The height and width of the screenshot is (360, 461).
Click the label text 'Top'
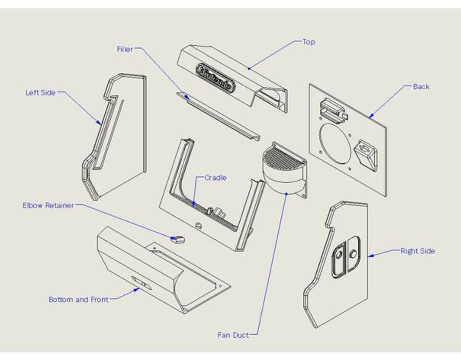(309, 42)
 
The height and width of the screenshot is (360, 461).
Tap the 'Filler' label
(124, 49)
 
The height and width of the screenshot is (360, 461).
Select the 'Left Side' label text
(41, 93)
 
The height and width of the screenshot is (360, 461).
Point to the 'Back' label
(421, 86)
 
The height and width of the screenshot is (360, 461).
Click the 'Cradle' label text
(216, 178)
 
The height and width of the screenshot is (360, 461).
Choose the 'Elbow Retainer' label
(48, 205)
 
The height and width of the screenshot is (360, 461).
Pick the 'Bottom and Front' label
(79, 299)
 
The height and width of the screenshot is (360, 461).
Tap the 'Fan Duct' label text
(233, 335)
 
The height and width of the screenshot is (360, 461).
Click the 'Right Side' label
(417, 251)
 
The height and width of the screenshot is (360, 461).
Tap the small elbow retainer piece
(178, 239)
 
